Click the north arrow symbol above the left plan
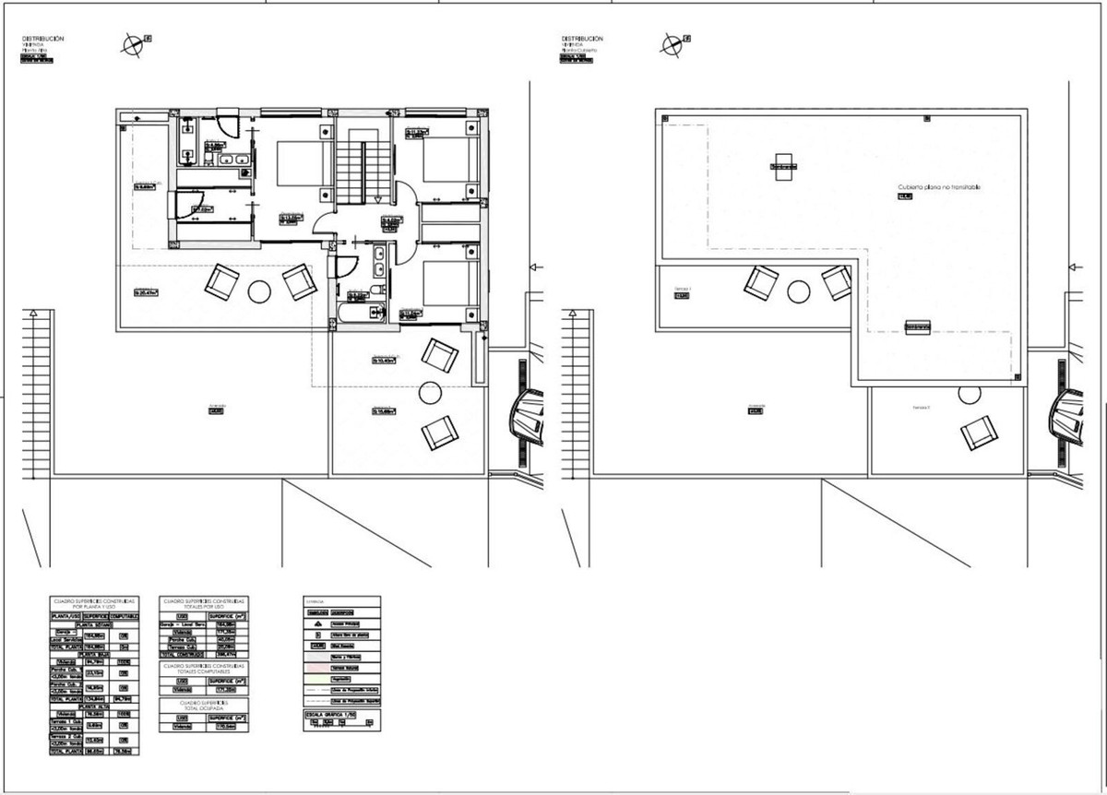135,42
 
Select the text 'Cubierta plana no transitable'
939,187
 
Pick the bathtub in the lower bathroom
351,314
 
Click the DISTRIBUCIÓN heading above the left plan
42,39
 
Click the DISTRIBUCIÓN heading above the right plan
581,39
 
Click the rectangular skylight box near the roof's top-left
784,167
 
